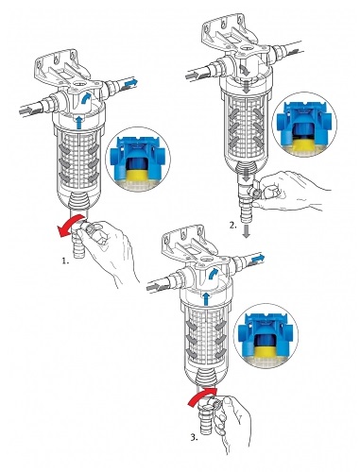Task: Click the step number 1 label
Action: click(65, 261)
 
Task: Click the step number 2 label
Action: click(232, 226)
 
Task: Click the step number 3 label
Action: click(194, 437)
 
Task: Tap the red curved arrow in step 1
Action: click(69, 225)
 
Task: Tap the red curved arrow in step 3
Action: click(201, 396)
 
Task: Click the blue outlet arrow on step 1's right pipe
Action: click(130, 83)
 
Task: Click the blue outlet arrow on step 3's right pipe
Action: click(258, 259)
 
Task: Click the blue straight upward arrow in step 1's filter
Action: click(78, 122)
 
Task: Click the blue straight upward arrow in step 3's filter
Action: click(206, 299)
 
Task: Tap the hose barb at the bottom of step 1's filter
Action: click(78, 246)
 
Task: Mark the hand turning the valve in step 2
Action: click(291, 191)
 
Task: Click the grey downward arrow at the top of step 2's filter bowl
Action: click(247, 87)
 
